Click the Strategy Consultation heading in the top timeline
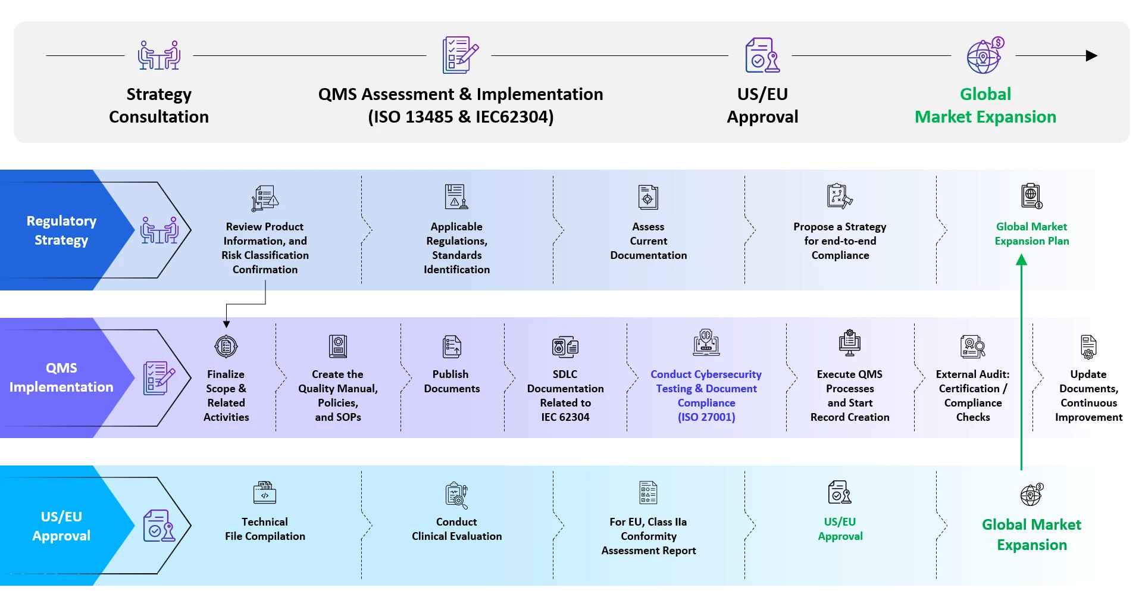coord(159,105)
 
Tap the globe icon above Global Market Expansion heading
coord(985,56)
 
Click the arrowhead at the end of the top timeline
coord(1091,56)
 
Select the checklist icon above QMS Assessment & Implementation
coord(460,55)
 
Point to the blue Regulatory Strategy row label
coord(61,230)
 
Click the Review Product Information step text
coord(265,248)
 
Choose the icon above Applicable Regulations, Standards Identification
coord(456,196)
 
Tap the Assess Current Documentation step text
coord(648,241)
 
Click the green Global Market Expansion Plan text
coord(1031,234)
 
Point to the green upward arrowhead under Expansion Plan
coord(1021,260)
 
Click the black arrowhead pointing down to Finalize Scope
coord(226,324)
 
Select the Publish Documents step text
coord(451,382)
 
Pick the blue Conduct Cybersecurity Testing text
coord(706,395)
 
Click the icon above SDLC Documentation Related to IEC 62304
coord(565,346)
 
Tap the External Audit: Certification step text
coord(972,395)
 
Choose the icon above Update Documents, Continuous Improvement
coord(1088,346)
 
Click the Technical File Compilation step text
coord(265,529)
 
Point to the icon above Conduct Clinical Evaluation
coord(456,495)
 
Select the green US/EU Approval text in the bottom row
coord(840,529)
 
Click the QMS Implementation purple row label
coord(61,377)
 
